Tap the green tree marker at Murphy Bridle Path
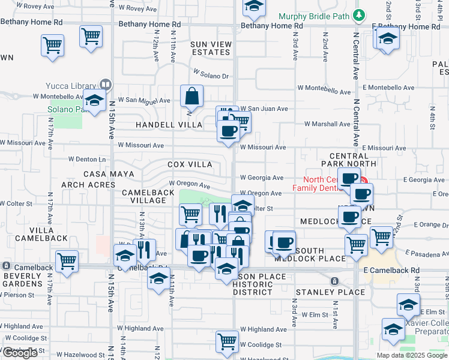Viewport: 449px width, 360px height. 359,14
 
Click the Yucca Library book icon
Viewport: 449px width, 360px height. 106,85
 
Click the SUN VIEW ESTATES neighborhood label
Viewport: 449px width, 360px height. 210,48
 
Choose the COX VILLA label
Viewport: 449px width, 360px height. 190,164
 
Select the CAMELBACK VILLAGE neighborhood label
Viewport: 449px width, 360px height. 143,196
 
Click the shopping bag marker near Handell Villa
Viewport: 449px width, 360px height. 191,96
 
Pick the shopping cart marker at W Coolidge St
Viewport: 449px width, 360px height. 227,342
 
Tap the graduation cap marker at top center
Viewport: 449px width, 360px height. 254,8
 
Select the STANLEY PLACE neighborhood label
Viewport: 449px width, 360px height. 330,292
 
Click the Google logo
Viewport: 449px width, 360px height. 20,353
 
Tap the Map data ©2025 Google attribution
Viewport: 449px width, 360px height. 411,355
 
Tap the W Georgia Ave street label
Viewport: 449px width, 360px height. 262,178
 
